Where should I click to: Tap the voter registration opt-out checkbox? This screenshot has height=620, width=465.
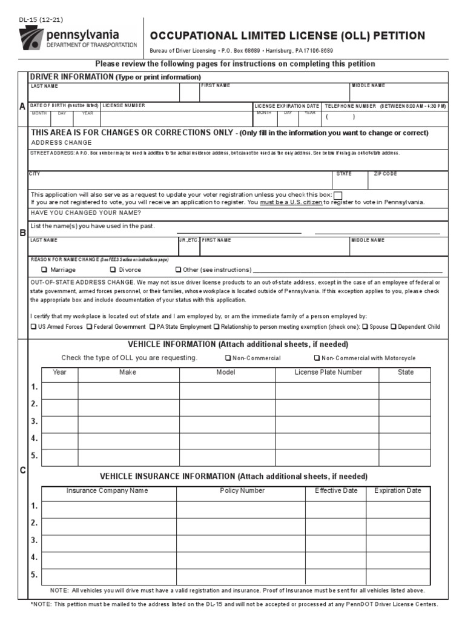click(x=338, y=195)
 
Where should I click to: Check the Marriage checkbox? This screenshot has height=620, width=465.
click(x=44, y=270)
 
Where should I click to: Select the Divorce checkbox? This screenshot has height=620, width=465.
click(x=113, y=270)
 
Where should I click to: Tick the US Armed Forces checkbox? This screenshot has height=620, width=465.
click(x=33, y=327)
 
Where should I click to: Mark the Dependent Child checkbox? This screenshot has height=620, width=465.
click(x=394, y=327)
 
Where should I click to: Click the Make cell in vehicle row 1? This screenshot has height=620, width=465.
click(x=128, y=391)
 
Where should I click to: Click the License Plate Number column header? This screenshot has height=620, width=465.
click(x=328, y=372)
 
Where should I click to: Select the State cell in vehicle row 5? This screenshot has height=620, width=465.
click(x=405, y=458)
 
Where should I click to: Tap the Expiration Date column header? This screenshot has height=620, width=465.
click(x=397, y=491)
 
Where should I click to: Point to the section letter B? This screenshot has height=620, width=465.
click(x=23, y=232)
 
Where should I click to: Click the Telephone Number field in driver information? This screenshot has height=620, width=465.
click(x=384, y=117)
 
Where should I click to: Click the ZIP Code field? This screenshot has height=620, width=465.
click(x=408, y=180)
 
